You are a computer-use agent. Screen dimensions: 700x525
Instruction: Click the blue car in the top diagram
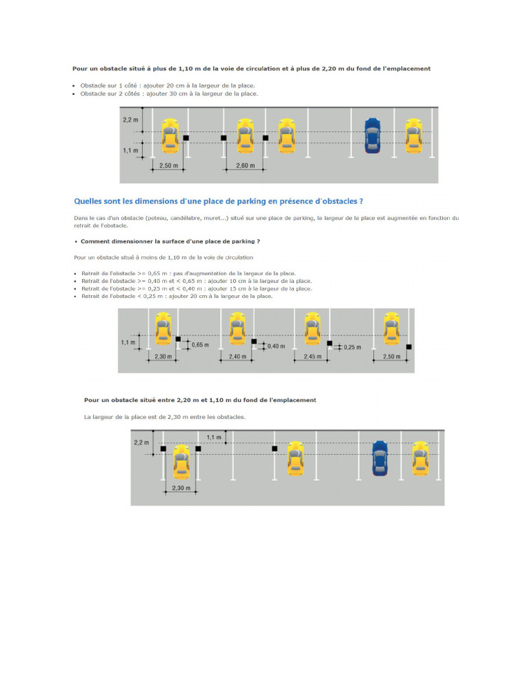tap(372, 135)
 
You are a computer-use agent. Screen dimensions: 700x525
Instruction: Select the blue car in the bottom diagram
tap(380, 458)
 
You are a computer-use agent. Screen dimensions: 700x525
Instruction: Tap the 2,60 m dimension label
tap(244, 166)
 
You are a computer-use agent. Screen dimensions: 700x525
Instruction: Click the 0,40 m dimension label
tap(275, 347)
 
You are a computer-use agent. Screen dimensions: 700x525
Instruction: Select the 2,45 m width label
tap(312, 357)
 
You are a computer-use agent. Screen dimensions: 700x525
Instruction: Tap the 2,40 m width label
tap(237, 357)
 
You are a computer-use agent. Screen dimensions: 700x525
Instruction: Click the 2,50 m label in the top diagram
tap(168, 166)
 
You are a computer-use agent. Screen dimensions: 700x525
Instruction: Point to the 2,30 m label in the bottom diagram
tap(180, 488)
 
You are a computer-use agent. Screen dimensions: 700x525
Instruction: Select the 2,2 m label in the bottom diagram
tap(141, 442)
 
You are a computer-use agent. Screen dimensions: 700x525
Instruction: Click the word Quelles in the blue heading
tap(87, 202)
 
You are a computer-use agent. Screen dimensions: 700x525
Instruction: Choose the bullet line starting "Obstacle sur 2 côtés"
tap(169, 94)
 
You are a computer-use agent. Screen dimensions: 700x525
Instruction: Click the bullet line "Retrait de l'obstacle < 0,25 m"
tap(176, 296)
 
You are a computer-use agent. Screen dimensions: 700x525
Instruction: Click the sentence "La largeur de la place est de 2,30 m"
tap(164, 416)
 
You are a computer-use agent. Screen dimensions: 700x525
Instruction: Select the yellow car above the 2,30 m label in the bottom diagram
tap(181, 461)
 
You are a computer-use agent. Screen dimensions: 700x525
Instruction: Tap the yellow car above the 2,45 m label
tap(312, 328)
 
